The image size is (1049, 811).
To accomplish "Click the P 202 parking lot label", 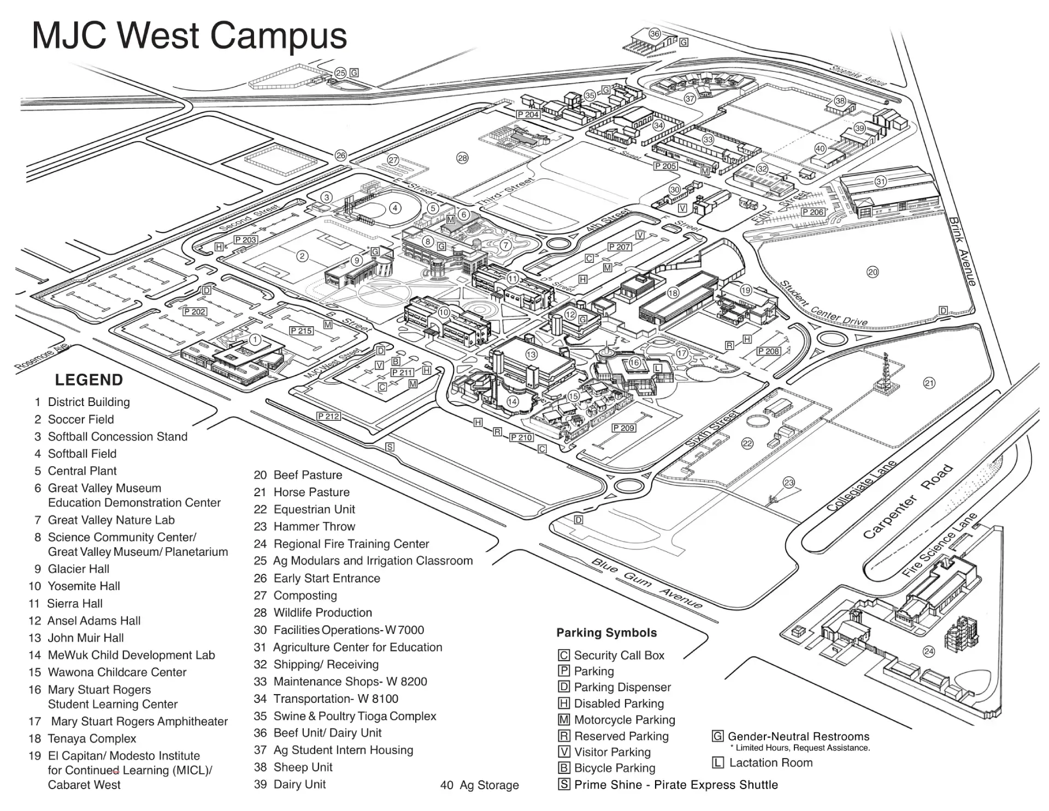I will [195, 312].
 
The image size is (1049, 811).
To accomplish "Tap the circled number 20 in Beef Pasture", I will [873, 272].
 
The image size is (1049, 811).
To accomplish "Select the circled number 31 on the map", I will [880, 181].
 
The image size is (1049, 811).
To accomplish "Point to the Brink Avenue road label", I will [962, 251].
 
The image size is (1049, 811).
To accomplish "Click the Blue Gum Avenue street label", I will [647, 584].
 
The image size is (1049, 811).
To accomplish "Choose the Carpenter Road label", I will [907, 502].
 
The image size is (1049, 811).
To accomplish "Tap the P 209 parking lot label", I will [623, 428].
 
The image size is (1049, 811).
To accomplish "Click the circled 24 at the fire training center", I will [928, 651].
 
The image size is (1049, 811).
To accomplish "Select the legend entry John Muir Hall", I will [85, 638].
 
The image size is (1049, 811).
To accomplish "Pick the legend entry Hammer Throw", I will [314, 526].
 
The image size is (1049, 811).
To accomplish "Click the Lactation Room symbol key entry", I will [770, 762].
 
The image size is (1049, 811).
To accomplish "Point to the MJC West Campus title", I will [190, 36].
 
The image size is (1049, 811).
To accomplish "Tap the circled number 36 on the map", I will [655, 33].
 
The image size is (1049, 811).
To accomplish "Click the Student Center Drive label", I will [823, 304].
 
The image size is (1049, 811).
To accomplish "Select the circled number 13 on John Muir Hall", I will [531, 354].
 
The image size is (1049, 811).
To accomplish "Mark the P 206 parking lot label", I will [812, 212].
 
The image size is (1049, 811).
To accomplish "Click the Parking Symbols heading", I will [606, 633].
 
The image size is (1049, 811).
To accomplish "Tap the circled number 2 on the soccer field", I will [302, 255].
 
